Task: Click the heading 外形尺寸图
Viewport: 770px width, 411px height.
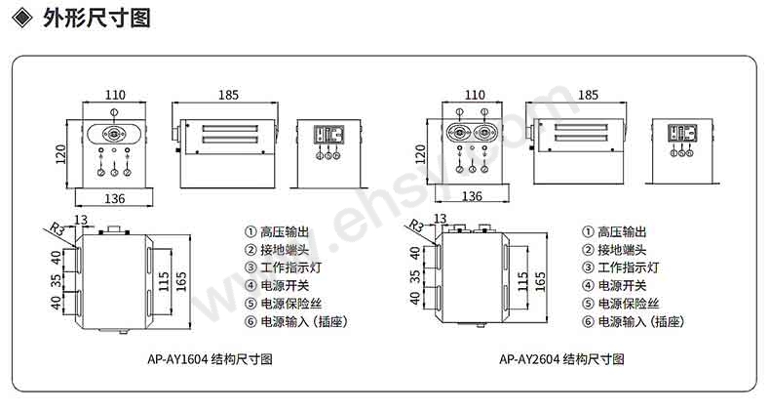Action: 96,19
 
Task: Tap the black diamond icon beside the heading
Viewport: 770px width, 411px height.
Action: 22,19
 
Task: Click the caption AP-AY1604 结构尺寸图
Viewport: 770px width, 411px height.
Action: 210,359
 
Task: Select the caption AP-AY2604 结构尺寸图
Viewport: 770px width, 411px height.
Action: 561,359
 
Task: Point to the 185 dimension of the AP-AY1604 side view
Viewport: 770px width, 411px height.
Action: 228,95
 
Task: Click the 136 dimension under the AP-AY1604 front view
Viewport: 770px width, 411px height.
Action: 114,198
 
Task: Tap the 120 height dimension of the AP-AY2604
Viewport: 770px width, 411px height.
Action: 420,154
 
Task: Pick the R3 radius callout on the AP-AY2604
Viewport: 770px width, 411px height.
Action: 416,226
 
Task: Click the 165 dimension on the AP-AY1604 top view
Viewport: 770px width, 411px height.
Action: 181,282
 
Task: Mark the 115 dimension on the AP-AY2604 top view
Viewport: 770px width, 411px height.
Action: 522,281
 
